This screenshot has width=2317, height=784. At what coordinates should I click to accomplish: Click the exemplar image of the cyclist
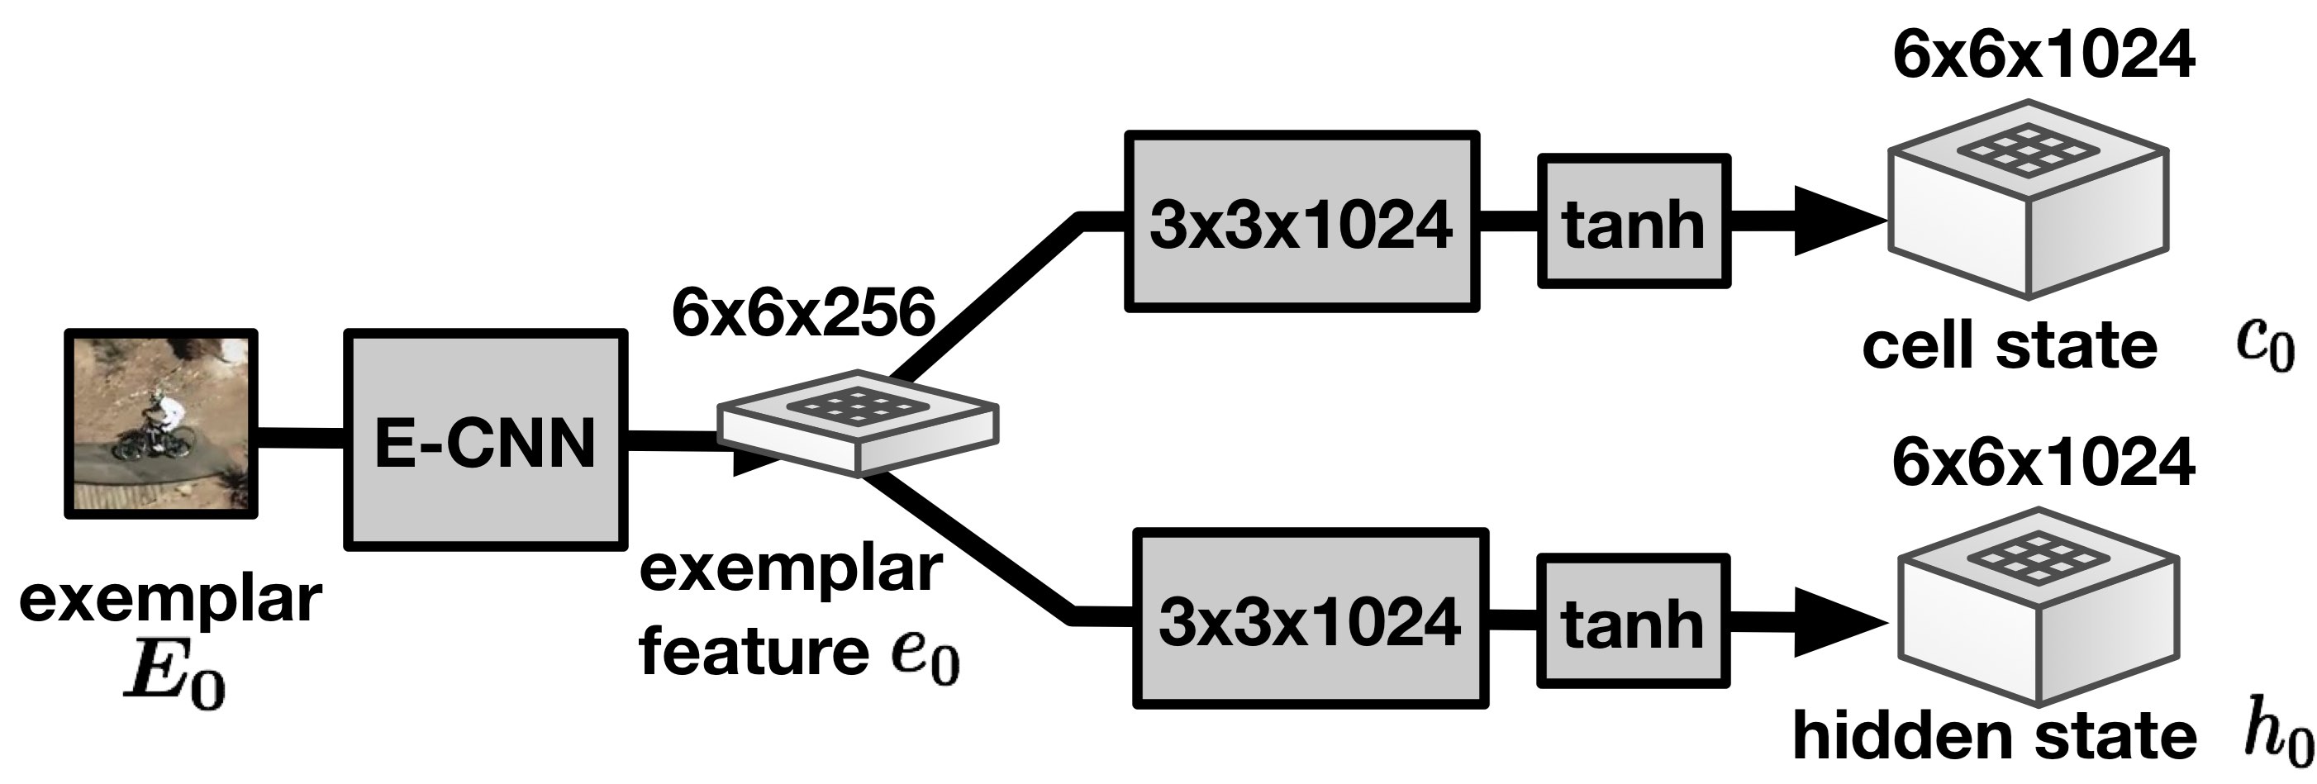161,424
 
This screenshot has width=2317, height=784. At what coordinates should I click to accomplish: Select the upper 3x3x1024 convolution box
1301,222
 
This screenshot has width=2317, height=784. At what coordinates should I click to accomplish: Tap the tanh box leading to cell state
1634,222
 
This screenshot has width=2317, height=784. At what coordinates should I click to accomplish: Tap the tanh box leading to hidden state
1633,622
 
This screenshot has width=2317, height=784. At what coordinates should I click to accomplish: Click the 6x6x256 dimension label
803,314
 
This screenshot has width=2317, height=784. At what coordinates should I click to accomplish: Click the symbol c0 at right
2265,346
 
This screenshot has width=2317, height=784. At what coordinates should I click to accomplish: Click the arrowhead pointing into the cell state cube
1835,222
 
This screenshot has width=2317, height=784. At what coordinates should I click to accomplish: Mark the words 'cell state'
2010,346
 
